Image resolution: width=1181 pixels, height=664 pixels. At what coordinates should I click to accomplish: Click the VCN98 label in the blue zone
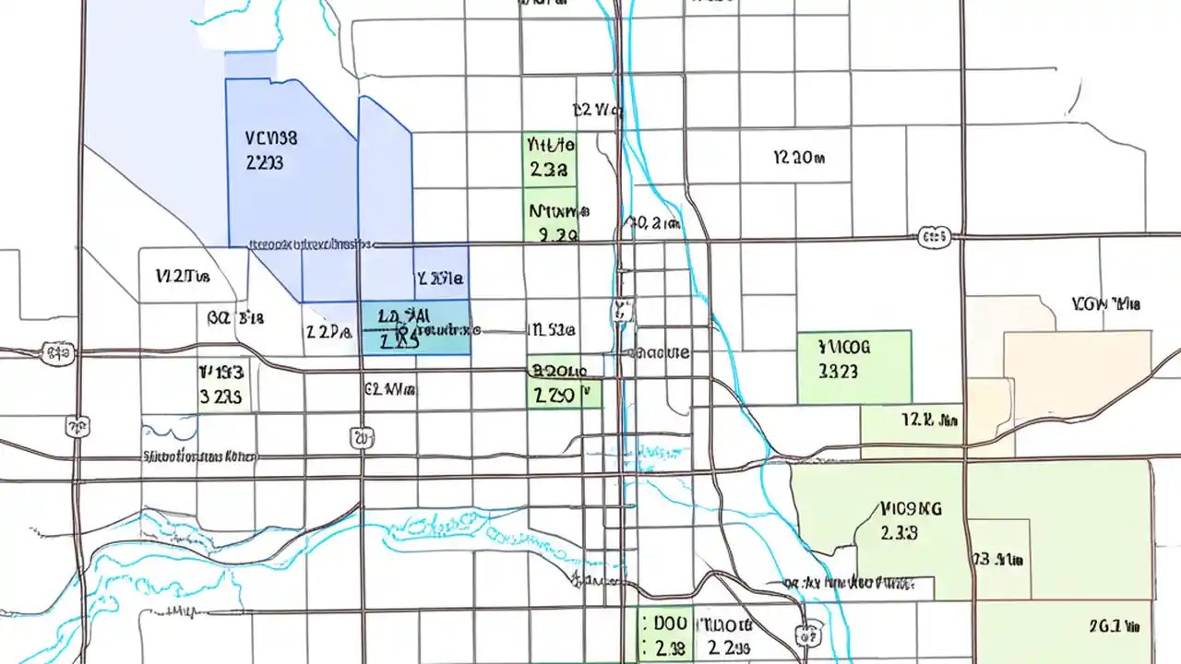pos(271,139)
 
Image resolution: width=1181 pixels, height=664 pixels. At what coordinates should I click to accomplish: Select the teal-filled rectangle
pos(414,327)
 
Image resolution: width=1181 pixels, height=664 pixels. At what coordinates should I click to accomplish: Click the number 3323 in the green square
pos(838,371)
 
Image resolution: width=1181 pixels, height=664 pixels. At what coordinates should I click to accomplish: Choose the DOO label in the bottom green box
pos(669,623)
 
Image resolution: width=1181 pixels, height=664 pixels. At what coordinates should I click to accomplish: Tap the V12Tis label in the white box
pos(183,276)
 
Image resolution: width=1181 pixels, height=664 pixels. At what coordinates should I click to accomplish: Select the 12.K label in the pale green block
pos(929,421)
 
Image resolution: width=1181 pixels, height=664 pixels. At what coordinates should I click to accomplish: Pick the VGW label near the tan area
pos(1106,303)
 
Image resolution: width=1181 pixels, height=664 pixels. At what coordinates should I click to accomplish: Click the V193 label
pos(221,373)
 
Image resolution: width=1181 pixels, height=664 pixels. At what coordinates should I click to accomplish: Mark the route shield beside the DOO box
pos(808,634)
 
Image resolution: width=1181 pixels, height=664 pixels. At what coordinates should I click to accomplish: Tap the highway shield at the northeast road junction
pos(934,238)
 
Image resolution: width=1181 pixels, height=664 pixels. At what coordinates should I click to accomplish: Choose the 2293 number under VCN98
pos(265,163)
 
